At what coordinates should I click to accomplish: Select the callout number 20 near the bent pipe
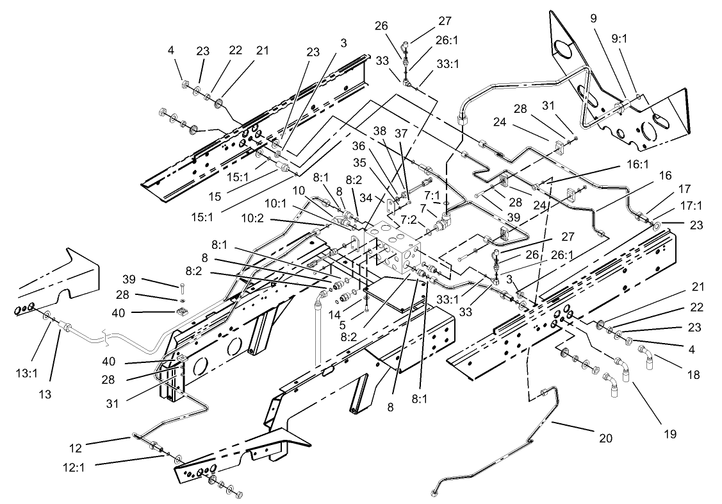click(x=605, y=439)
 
